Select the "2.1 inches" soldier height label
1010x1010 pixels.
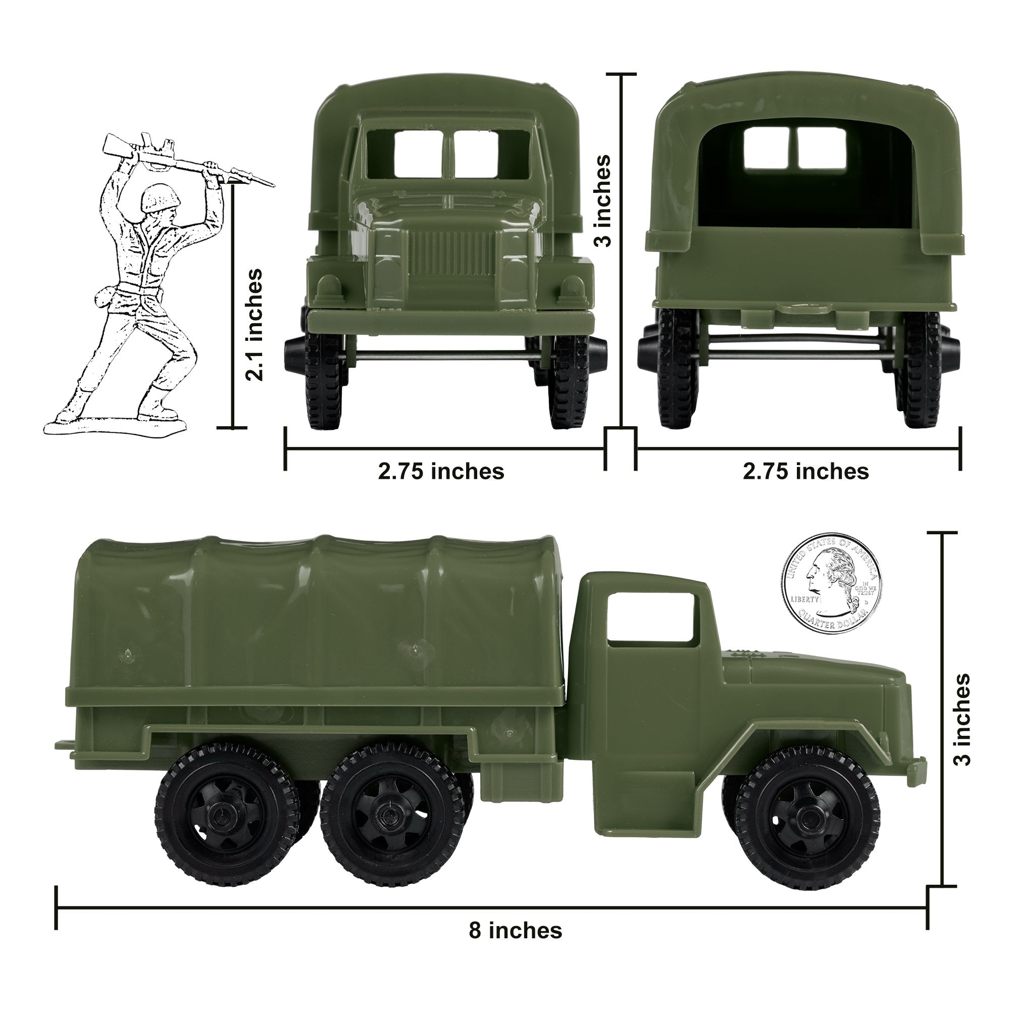point(255,324)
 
